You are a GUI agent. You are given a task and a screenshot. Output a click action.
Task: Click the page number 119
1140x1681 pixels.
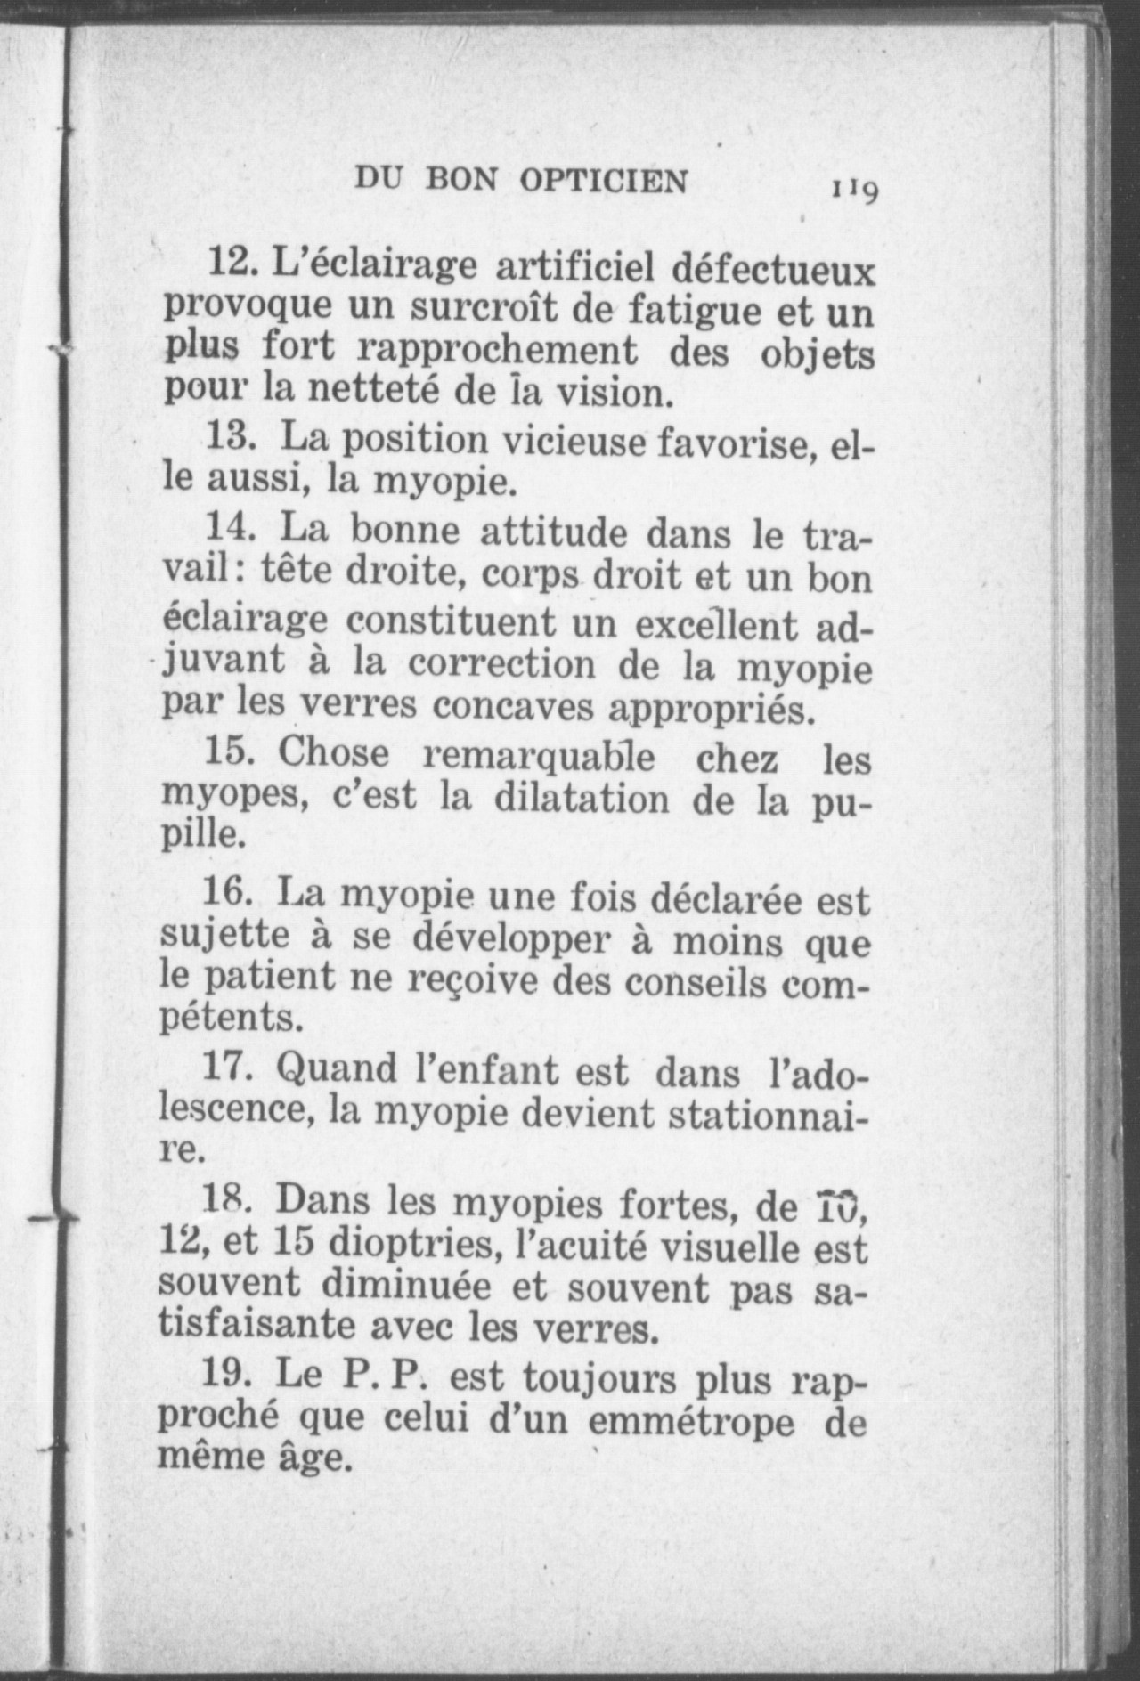(x=856, y=190)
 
